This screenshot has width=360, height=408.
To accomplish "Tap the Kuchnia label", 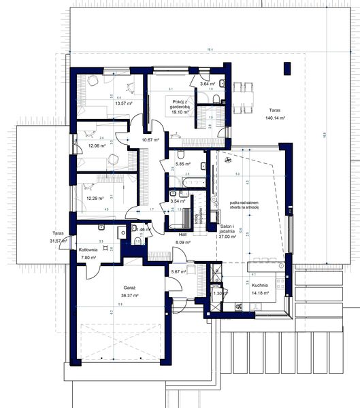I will click(x=259, y=286).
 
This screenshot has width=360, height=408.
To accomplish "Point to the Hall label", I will click(x=183, y=233).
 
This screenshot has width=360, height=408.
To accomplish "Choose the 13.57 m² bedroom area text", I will click(x=124, y=103).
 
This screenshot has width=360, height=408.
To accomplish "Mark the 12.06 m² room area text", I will click(x=96, y=146).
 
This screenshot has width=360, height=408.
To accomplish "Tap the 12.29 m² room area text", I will click(x=96, y=199).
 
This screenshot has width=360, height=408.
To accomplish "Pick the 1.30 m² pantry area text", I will click(x=218, y=293).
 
